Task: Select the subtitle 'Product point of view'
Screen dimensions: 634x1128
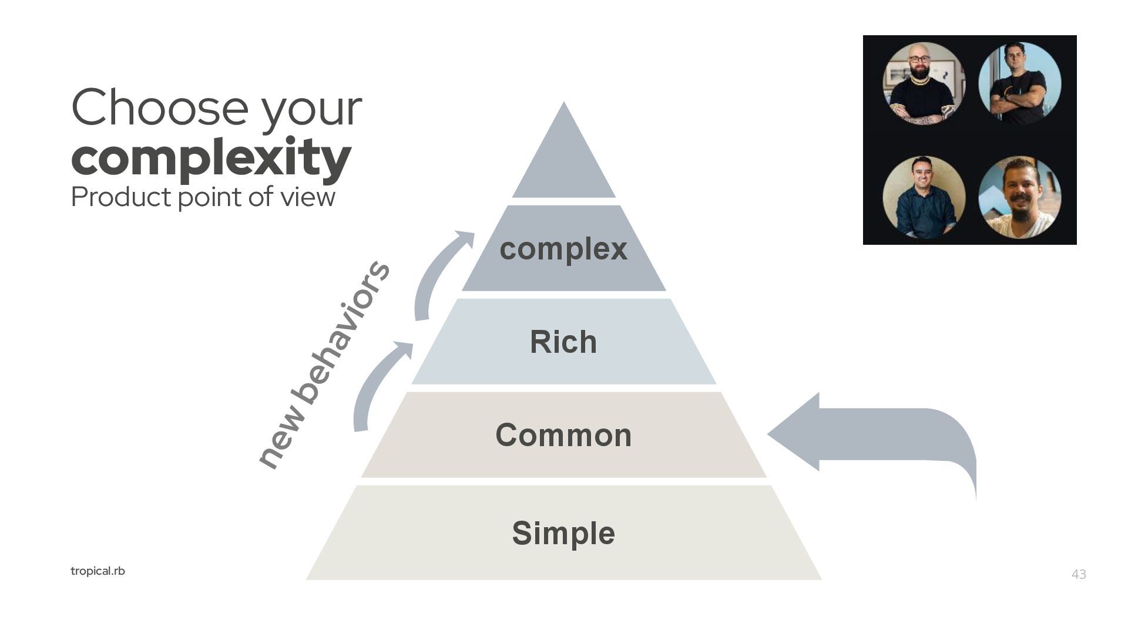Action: pos(203,197)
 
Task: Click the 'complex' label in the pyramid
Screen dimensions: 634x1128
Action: pos(563,249)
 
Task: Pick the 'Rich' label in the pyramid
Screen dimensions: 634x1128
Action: pos(563,342)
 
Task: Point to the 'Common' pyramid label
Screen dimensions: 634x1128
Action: pos(563,435)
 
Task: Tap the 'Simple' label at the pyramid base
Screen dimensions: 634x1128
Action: pos(563,533)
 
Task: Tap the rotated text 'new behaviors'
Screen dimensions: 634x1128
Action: pos(324,364)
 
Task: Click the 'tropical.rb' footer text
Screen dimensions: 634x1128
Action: pos(98,571)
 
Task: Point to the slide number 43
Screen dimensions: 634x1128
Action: pos(1079,574)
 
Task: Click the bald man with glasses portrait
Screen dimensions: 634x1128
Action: pos(924,83)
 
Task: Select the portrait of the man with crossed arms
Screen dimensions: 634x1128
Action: pos(1019,83)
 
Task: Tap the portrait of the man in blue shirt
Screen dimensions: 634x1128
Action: pos(924,197)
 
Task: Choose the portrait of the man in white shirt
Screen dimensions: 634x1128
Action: pos(1019,197)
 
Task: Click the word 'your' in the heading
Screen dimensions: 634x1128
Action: pos(311,109)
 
